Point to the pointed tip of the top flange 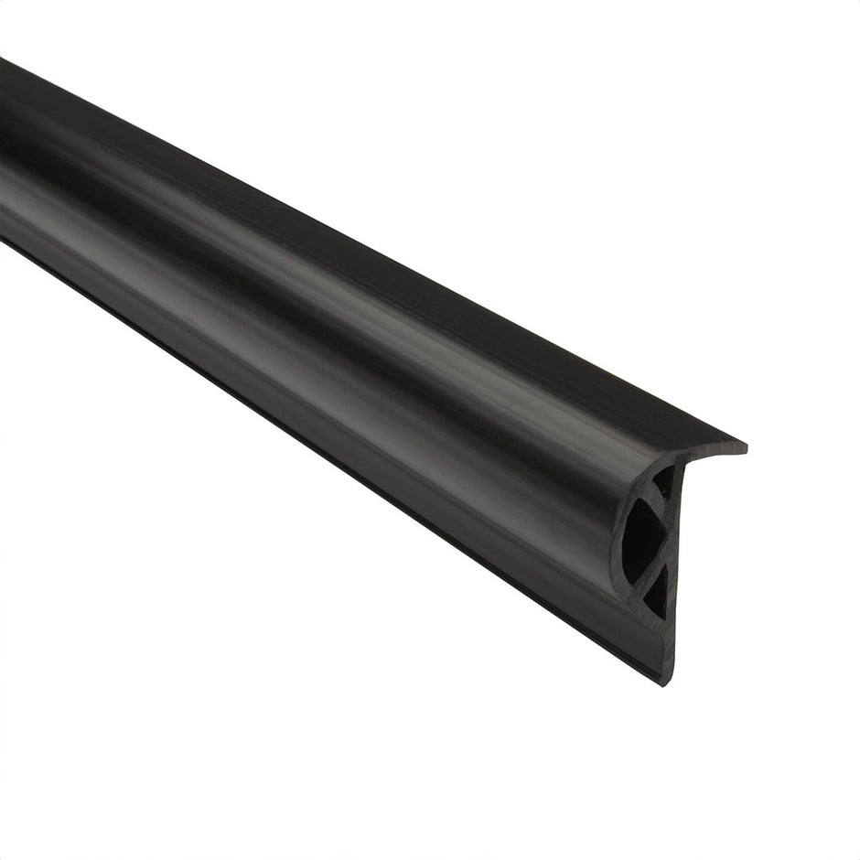(743, 448)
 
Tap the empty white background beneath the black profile (274, 686)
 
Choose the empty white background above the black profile (549, 137)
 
